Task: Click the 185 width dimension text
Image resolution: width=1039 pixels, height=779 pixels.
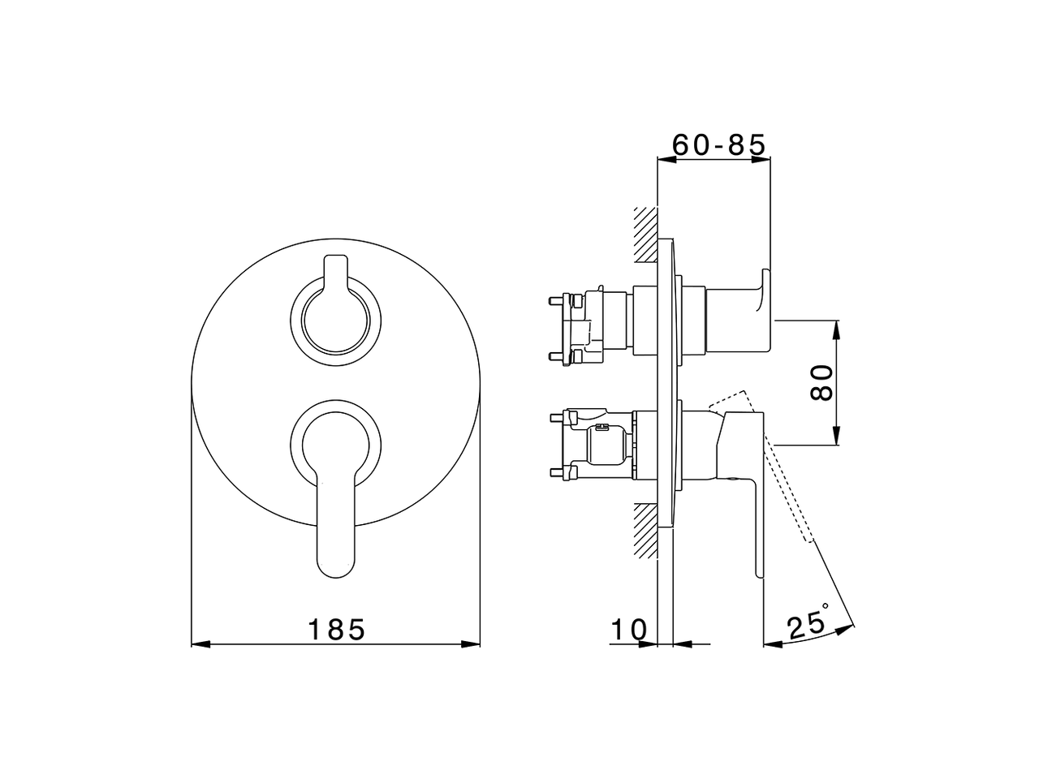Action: pyautogui.click(x=336, y=630)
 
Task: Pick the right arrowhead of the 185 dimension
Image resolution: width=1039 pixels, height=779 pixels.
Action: pyautogui.click(x=472, y=645)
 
